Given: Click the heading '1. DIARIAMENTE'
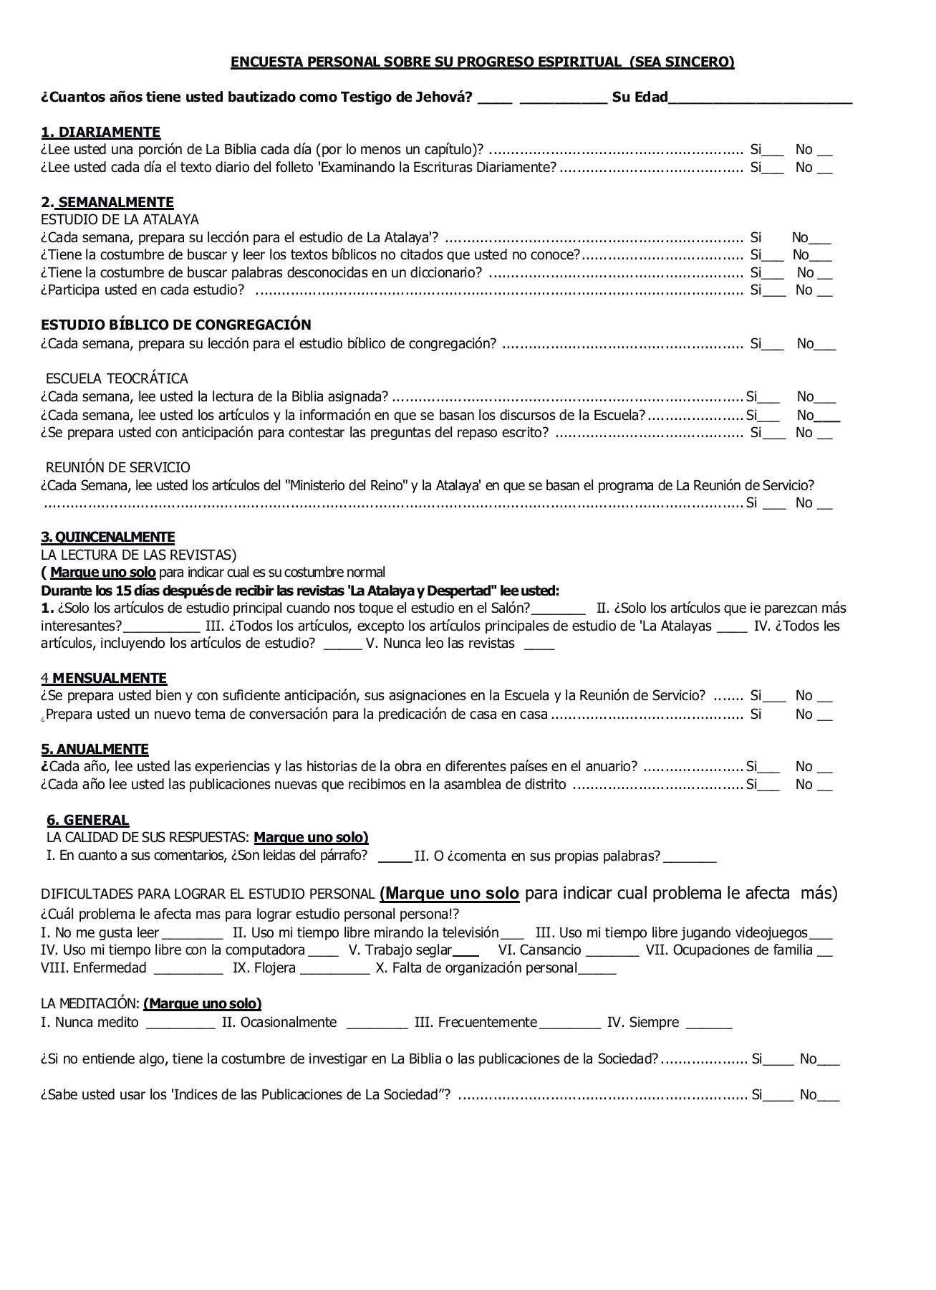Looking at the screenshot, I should click(x=100, y=132).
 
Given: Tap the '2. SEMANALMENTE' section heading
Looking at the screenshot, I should click(x=107, y=202).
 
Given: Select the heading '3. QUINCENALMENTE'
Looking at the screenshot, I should click(x=107, y=537).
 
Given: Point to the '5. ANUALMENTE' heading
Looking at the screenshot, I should click(x=95, y=749).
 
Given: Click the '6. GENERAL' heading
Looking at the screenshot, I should click(x=87, y=820).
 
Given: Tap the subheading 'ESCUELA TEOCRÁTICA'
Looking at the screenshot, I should click(x=117, y=378).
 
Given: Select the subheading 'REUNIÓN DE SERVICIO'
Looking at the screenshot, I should click(x=118, y=467).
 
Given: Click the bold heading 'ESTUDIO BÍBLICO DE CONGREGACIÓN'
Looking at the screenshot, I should click(x=176, y=325).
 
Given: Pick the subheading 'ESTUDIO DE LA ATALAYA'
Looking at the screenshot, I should click(x=120, y=219).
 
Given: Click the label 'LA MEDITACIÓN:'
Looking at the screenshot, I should click(x=90, y=1003).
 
